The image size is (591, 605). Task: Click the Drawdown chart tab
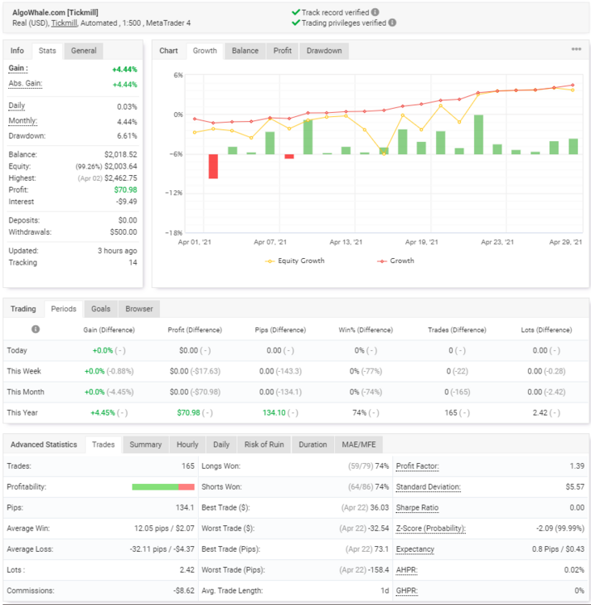pos(324,51)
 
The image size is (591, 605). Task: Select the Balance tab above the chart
pos(245,51)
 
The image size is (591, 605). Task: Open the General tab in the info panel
pos(83,51)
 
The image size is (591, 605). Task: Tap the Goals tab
pos(101,309)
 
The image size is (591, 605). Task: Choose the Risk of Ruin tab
pos(264,444)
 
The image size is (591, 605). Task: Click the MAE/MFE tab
pos(358,444)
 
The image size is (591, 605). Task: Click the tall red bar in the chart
pos(213,166)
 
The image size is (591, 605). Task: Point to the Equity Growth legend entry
pos(295,261)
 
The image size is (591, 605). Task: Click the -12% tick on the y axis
pos(174,193)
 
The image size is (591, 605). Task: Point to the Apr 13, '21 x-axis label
pos(346,242)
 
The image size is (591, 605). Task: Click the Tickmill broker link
pos(64,23)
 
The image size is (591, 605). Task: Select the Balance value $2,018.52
pos(120,155)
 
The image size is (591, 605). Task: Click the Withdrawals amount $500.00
pos(124,232)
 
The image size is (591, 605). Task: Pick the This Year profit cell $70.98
pos(188,413)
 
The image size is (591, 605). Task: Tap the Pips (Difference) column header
pos(280,330)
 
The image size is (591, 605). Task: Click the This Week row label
pos(24,371)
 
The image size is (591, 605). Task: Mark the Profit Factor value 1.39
pos(577,466)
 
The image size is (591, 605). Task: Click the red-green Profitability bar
pos(163,487)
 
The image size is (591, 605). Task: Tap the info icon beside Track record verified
pos(375,12)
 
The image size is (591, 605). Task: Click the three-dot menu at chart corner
pos(576,49)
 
